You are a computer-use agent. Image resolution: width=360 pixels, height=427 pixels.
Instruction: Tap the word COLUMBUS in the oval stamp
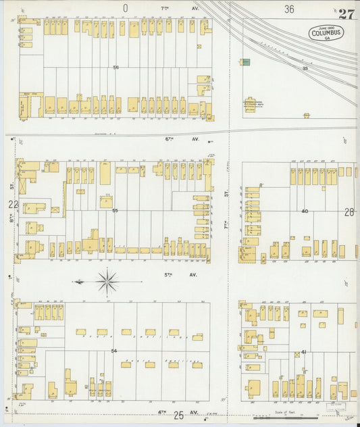pyautogui.click(x=326, y=32)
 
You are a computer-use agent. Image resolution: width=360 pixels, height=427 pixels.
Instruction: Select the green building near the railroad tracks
pyautogui.click(x=246, y=62)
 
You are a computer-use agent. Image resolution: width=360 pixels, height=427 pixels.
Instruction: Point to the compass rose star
pyautogui.click(x=107, y=280)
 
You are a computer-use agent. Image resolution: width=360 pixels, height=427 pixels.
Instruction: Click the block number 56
pyautogui.click(x=116, y=67)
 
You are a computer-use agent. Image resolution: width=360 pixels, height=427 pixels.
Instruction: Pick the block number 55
pyautogui.click(x=115, y=211)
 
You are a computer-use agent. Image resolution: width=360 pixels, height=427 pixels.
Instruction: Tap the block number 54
pyautogui.click(x=114, y=351)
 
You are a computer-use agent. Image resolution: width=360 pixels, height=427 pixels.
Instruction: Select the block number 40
pyautogui.click(x=305, y=211)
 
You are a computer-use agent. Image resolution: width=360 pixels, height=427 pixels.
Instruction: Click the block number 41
pyautogui.click(x=304, y=352)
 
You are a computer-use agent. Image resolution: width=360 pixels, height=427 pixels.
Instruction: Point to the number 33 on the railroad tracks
pyautogui.click(x=305, y=68)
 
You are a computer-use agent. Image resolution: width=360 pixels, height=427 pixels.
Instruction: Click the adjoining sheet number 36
pyautogui.click(x=289, y=9)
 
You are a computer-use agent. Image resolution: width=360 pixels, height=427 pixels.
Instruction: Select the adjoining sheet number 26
pyautogui.click(x=349, y=211)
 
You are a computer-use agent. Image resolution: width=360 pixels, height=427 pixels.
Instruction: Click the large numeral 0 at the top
pyautogui.click(x=126, y=8)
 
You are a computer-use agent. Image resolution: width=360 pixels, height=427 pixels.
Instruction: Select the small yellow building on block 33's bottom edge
pyautogui.click(x=307, y=116)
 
